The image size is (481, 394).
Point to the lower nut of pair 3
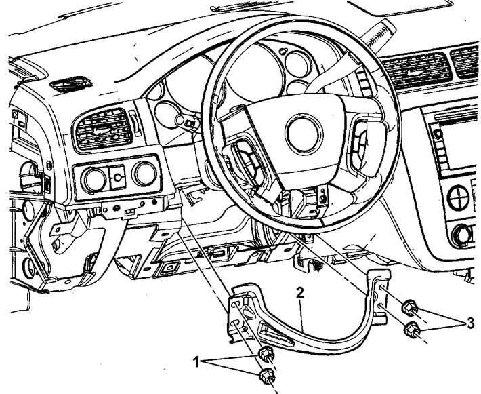(x=413, y=330)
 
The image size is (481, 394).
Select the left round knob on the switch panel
(x=93, y=178)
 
